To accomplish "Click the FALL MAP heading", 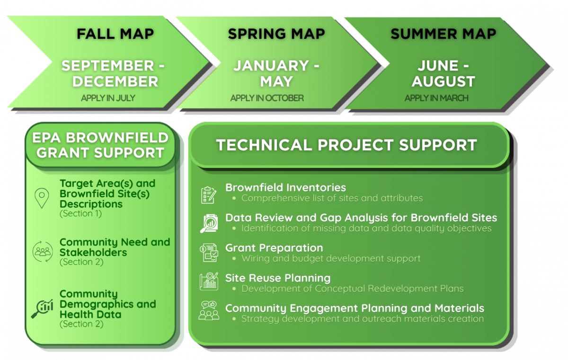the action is click(x=115, y=34).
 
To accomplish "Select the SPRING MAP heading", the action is click(x=276, y=34).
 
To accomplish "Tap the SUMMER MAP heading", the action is click(x=443, y=34).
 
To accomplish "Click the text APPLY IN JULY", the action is click(x=108, y=98).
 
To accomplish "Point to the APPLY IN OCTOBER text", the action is click(x=267, y=98).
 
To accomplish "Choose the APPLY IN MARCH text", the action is click(x=436, y=98).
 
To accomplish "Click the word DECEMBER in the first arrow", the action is click(x=115, y=81).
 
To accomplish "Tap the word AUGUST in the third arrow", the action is click(x=443, y=81).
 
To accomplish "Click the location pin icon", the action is click(x=42, y=198).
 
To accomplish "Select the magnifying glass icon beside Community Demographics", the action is click(x=42, y=308).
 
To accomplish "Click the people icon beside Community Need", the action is click(x=43, y=252).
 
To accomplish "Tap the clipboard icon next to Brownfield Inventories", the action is click(x=209, y=194).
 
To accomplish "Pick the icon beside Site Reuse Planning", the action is click(x=209, y=281).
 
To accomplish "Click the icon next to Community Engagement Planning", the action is click(x=209, y=311).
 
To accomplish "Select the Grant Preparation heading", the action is click(x=274, y=248).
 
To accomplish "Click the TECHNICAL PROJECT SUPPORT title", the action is click(x=346, y=145).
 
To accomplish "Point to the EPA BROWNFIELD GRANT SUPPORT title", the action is click(x=100, y=145).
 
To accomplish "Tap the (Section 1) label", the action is click(x=80, y=213).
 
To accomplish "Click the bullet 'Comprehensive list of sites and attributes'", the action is click(x=332, y=198).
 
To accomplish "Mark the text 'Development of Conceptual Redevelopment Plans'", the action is click(x=353, y=289).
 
